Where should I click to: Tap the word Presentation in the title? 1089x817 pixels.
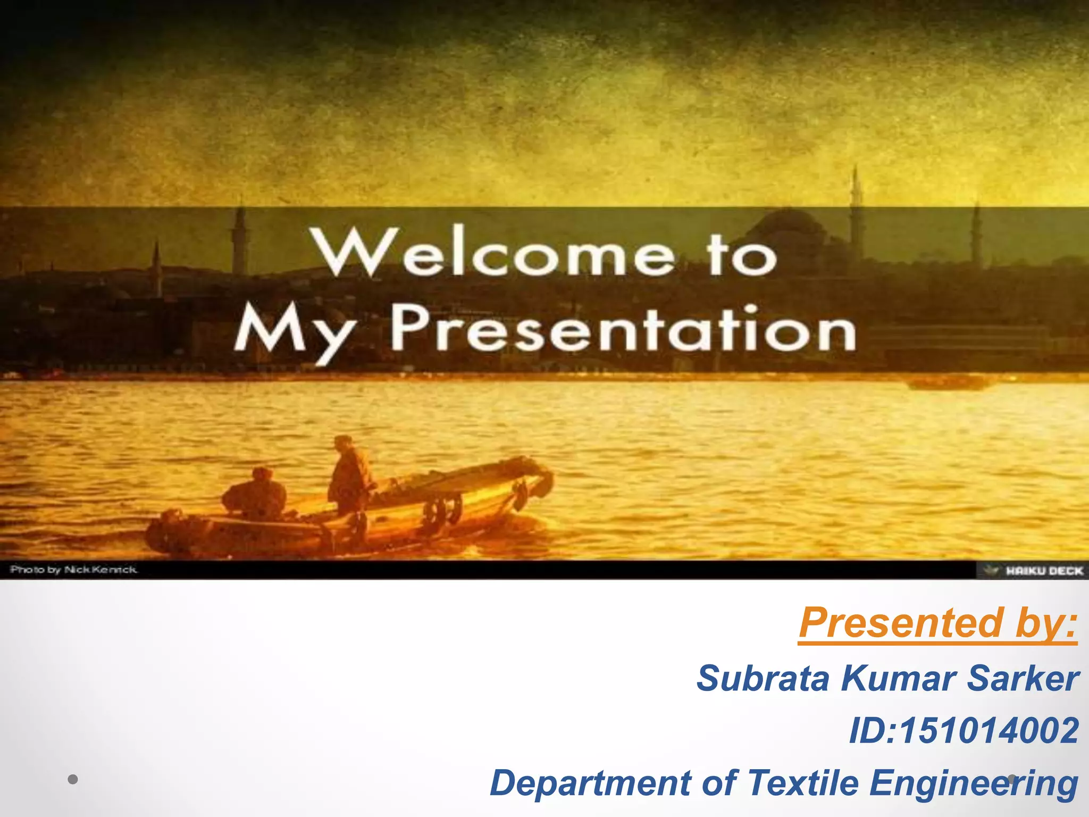tap(623, 330)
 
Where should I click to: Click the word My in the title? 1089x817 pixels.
tap(295, 332)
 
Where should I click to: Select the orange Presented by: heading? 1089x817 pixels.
tap(938, 623)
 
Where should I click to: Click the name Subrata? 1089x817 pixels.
tap(763, 679)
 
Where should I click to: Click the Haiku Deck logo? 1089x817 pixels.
tap(1034, 571)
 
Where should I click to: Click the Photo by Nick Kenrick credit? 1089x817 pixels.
tap(74, 570)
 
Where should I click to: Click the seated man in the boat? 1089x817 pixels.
tap(255, 495)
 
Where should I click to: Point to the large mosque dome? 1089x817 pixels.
tap(787, 226)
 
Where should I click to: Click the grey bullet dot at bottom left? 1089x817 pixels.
tap(73, 780)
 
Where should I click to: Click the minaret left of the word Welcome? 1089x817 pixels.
tap(240, 239)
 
